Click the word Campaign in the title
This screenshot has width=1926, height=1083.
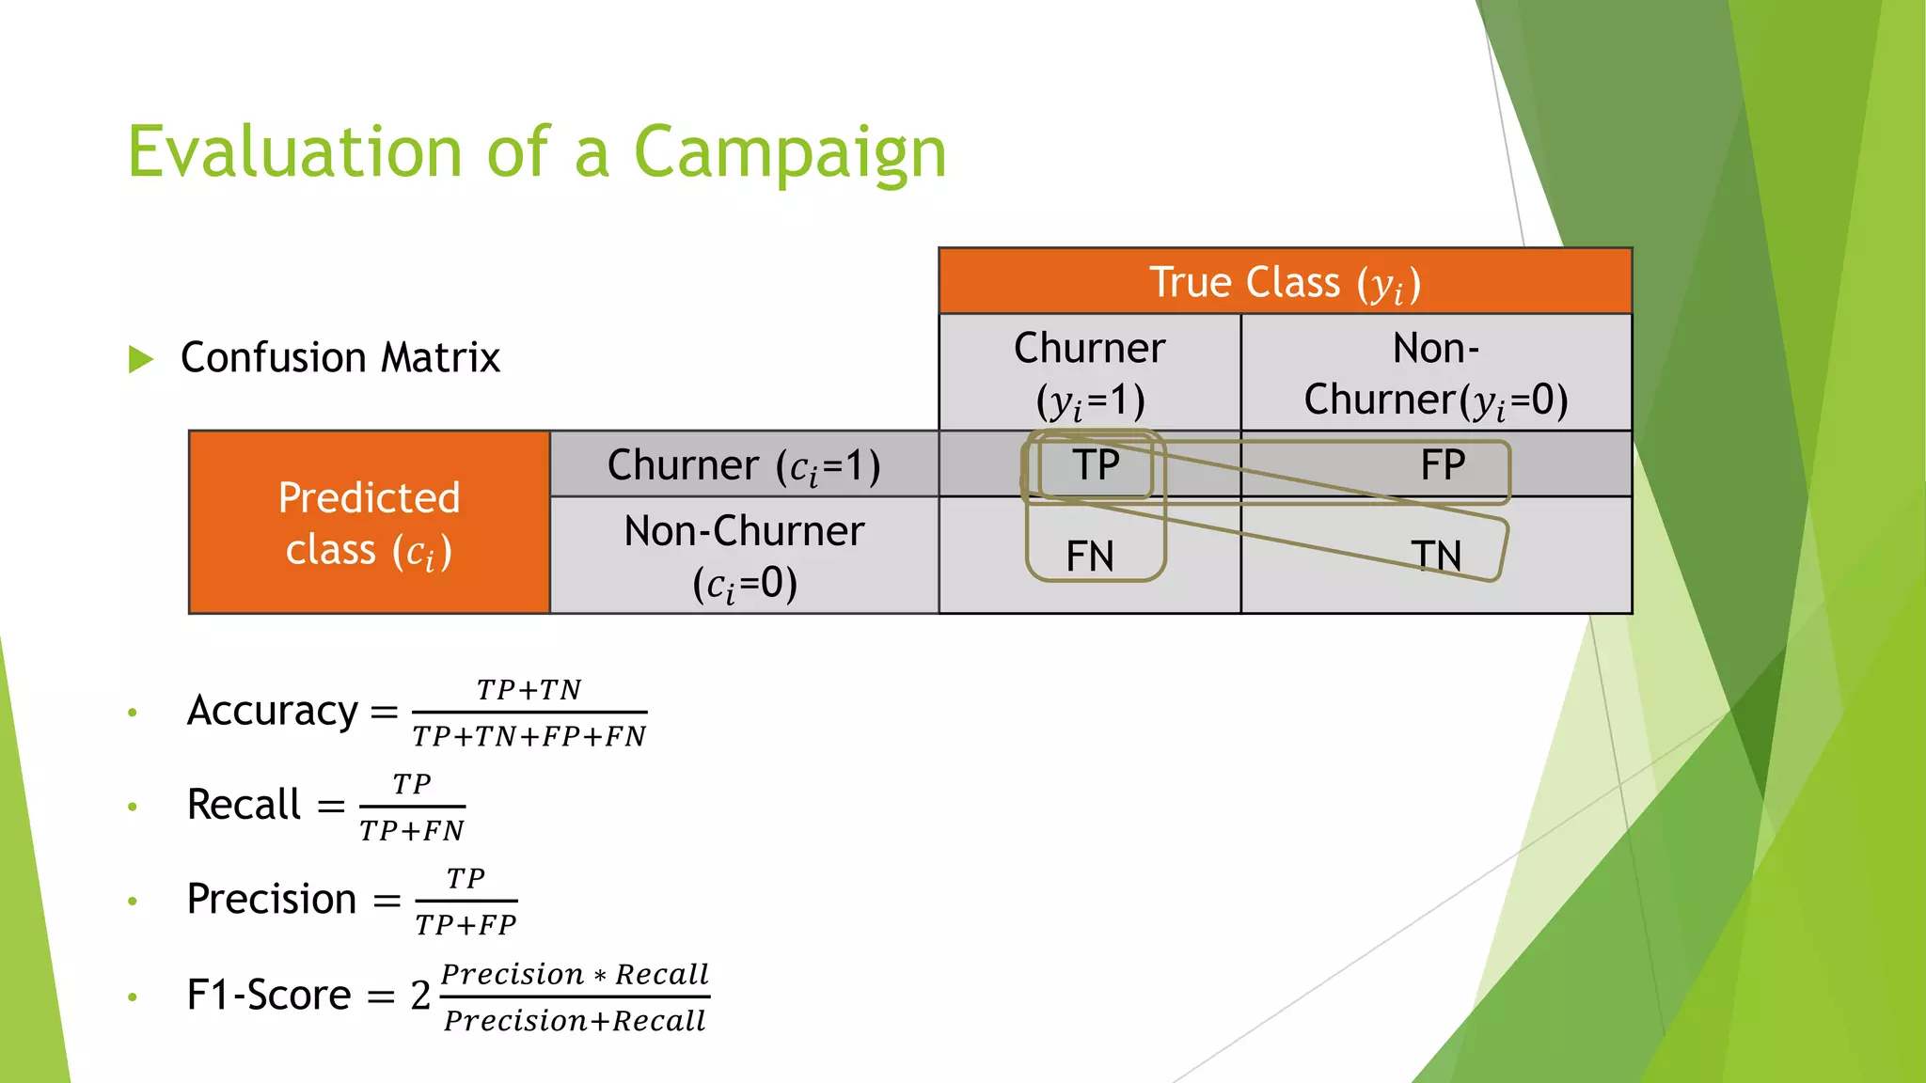pos(790,152)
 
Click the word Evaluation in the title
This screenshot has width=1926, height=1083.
pos(294,152)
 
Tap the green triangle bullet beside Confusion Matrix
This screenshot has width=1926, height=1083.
pos(141,358)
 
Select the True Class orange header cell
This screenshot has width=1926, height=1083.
pos(1285,281)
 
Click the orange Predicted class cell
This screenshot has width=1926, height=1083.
pos(369,523)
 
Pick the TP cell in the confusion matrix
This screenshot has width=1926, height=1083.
pos(1096,464)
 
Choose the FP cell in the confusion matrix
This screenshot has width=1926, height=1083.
pos(1443,464)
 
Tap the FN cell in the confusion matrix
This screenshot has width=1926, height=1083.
pos(1090,556)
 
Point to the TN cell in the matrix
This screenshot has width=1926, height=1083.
pos(1436,556)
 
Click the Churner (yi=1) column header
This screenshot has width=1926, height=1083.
pos(1089,373)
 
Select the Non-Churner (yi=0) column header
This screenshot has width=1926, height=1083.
pos(1436,373)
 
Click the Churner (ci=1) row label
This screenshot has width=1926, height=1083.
pos(744,464)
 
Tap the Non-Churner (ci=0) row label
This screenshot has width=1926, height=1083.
pos(744,556)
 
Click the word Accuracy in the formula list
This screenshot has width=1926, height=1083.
pos(273,711)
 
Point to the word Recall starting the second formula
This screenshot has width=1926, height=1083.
pos(244,805)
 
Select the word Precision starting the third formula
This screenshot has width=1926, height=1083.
pos(272,900)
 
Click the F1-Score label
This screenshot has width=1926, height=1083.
pos(269,995)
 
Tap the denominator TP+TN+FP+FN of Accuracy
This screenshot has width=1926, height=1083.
pos(529,736)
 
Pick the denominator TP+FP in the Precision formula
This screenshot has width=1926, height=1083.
pos(466,925)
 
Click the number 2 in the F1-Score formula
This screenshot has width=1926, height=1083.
pos(420,995)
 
